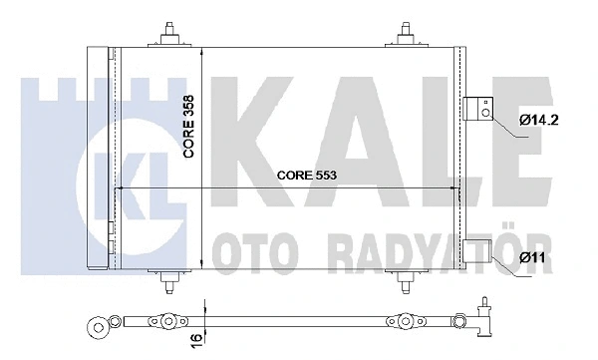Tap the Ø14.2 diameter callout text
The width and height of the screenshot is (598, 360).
pyautogui.click(x=538, y=123)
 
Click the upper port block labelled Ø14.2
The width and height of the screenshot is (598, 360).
pyautogui.click(x=477, y=108)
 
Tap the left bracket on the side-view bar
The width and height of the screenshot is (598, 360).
pyautogui.click(x=160, y=322)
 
